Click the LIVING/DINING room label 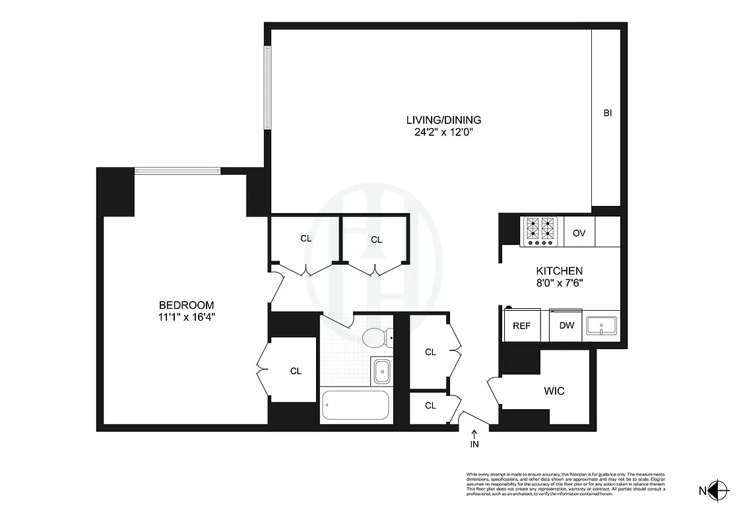[443, 120]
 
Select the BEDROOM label [187, 305]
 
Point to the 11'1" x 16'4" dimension [187, 316]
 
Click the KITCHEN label [558, 271]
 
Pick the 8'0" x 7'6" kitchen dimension [558, 282]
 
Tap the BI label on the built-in [608, 114]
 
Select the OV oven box [579, 233]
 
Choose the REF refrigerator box [522, 326]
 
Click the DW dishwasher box [566, 326]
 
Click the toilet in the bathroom [376, 338]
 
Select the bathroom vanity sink [381, 372]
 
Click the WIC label [554, 391]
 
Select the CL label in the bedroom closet [296, 371]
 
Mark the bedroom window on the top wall [178, 171]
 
